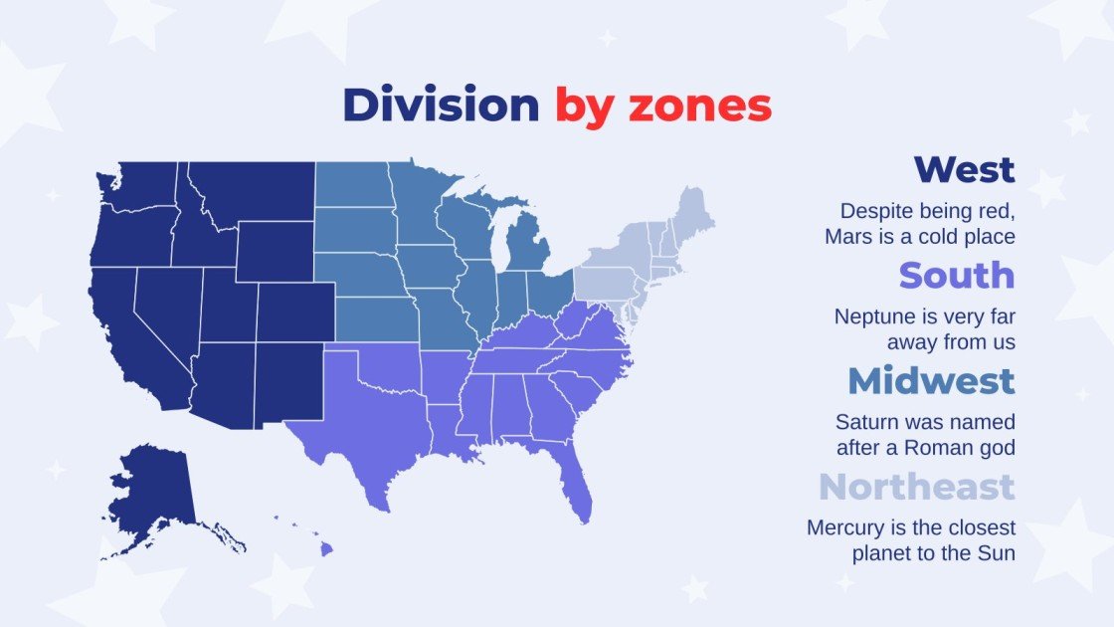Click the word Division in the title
tap(440, 105)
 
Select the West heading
tap(964, 169)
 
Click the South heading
tap(956, 275)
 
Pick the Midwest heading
tap(931, 380)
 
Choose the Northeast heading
tap(916, 487)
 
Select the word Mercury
tap(843, 527)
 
